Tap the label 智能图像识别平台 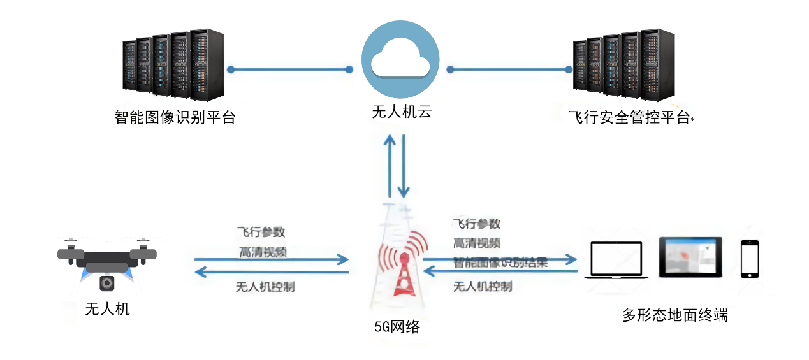[x=175, y=118]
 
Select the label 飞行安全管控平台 [x=629, y=118]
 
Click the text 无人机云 [x=402, y=113]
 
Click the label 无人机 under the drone [x=107, y=310]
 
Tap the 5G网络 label [x=397, y=328]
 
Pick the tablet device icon [x=690, y=257]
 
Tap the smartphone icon [x=749, y=259]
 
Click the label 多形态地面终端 [x=674, y=315]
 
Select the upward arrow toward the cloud [x=390, y=166]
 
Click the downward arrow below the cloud [x=403, y=166]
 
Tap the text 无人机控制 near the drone [x=265, y=287]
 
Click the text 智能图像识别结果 [x=500, y=262]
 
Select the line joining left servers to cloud [x=289, y=69]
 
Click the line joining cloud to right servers [x=509, y=69]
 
